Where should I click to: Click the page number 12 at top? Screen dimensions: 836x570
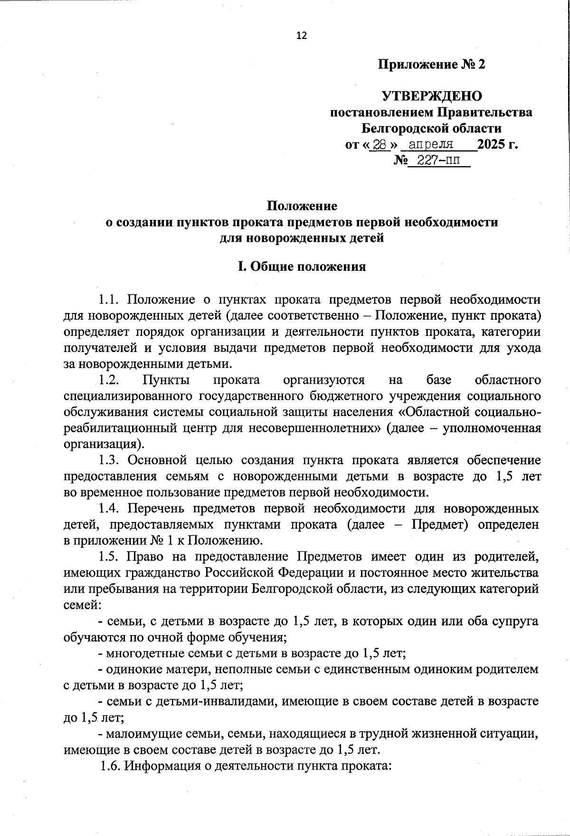pyautogui.click(x=302, y=36)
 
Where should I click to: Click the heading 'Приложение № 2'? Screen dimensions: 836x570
pyautogui.click(x=431, y=65)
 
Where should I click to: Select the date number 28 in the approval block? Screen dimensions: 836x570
pyautogui.click(x=380, y=144)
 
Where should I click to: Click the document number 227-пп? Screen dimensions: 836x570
pyautogui.click(x=436, y=161)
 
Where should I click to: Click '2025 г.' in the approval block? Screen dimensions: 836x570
pyautogui.click(x=497, y=144)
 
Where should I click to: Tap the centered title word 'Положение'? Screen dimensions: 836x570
pyautogui.click(x=302, y=206)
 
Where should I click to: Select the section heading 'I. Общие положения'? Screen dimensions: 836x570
pyautogui.click(x=302, y=266)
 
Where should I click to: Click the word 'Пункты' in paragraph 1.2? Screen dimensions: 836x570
pyautogui.click(x=166, y=380)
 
